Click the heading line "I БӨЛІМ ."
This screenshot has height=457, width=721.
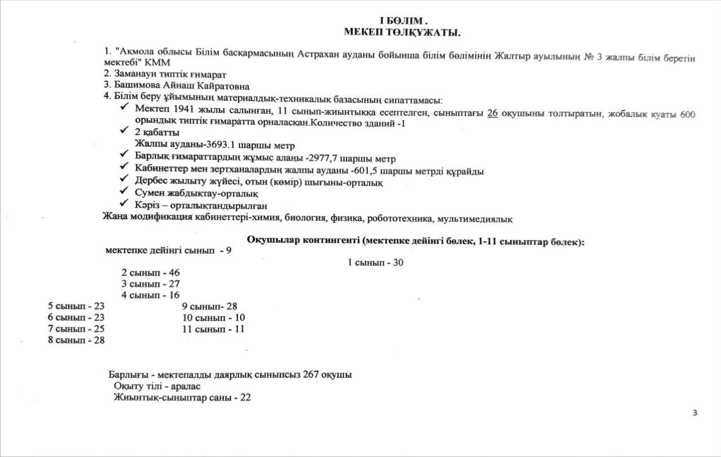pos(402,21)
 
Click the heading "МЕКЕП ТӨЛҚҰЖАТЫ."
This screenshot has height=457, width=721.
pos(402,33)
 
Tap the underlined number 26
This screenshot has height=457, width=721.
pos(492,113)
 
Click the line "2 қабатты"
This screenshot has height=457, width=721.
pos(157,133)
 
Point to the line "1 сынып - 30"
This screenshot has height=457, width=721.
pos(376,262)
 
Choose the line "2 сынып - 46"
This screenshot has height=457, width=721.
pos(150,272)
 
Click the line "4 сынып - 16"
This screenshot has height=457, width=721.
pos(150,295)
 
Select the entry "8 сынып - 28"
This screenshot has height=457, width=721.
pos(76,340)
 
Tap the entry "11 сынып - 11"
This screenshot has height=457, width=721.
pos(213,329)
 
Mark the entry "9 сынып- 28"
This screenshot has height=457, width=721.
pos(210,306)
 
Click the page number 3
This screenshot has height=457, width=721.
pos(695,413)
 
